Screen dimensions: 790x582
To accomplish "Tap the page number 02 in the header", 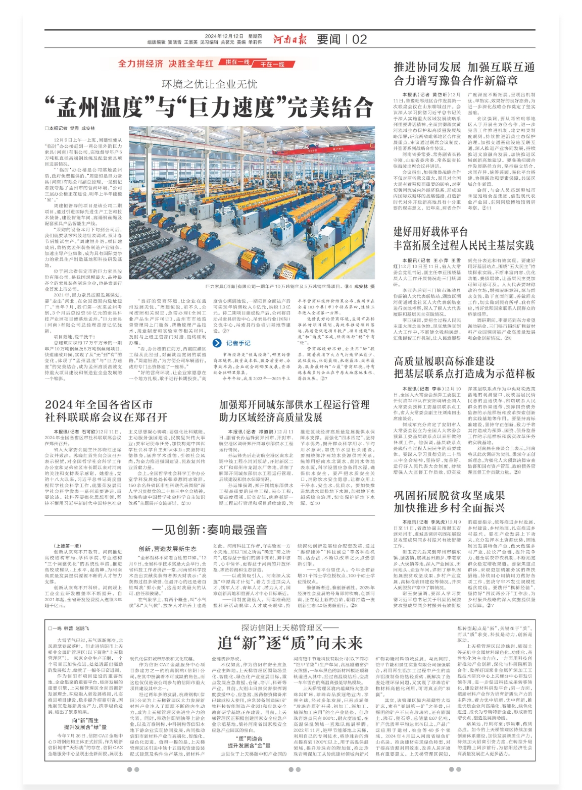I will (x=359, y=39).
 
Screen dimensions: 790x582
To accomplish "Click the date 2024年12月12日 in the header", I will (x=224, y=36).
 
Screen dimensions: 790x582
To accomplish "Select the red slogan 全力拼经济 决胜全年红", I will (x=166, y=64).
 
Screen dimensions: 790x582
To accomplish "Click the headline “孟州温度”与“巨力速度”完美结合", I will (x=209, y=107).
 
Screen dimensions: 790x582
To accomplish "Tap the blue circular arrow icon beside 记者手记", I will (x=217, y=343).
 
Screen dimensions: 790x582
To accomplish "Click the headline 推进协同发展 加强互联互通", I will (x=464, y=67).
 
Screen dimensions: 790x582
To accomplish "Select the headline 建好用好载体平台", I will (x=430, y=232).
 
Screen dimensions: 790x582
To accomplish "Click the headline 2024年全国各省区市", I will (x=99, y=404).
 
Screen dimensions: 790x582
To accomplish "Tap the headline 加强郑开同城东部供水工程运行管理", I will (x=294, y=404).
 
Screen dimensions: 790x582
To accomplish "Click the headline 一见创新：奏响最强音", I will (x=209, y=530).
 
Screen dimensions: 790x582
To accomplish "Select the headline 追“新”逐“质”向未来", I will (x=290, y=643).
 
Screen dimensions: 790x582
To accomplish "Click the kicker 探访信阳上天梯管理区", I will (x=288, y=627).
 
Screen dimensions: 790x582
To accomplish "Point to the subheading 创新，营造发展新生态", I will (x=168, y=549).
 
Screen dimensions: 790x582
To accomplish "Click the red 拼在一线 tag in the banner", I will (x=237, y=62).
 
